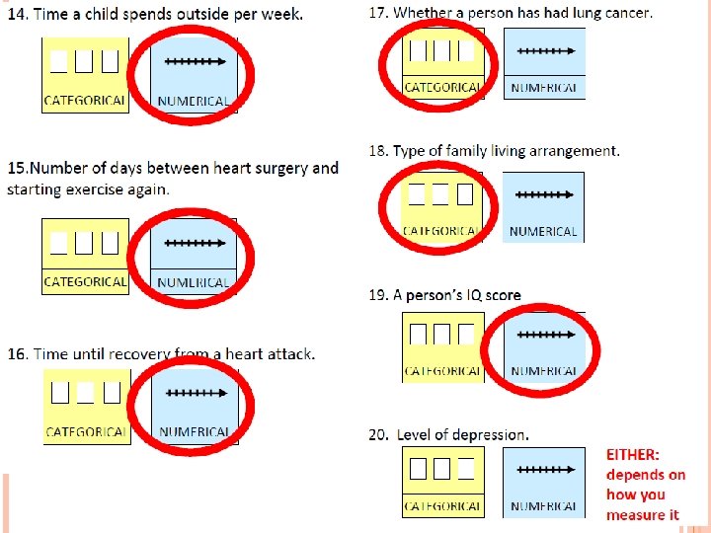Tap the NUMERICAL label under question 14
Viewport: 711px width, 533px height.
tap(194, 101)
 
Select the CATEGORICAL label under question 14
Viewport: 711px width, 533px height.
tap(85, 101)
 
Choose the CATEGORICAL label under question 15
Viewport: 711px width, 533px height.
tap(85, 282)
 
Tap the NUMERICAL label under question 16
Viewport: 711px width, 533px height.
tap(195, 432)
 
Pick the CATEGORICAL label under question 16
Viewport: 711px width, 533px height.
tap(86, 432)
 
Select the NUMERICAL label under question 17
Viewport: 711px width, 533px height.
tap(544, 88)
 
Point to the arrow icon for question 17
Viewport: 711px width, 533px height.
tap(544, 50)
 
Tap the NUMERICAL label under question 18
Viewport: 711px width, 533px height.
tap(543, 232)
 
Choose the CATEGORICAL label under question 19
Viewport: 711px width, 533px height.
tap(442, 372)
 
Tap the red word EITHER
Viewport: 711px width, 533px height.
tap(632, 455)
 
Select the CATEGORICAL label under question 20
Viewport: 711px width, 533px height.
tap(442, 506)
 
